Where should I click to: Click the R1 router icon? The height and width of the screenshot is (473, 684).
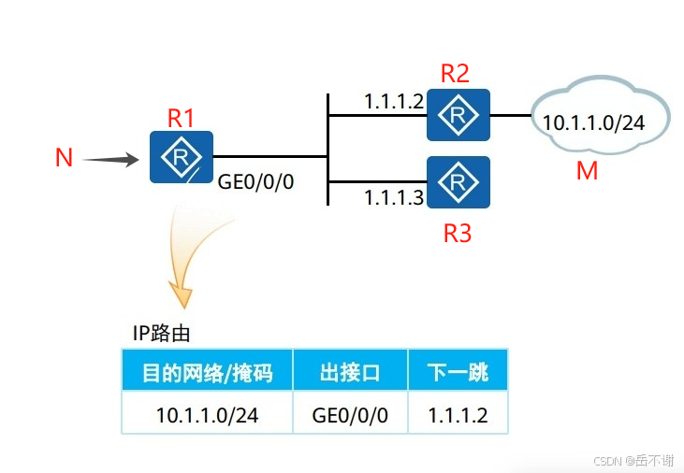click(x=181, y=157)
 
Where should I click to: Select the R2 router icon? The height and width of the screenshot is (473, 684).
click(x=458, y=115)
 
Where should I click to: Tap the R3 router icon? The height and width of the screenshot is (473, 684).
click(x=458, y=181)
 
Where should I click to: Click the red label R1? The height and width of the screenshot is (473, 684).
click(x=181, y=119)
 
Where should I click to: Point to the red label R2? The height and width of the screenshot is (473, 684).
click(x=455, y=74)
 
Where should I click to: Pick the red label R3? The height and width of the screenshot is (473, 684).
click(x=457, y=233)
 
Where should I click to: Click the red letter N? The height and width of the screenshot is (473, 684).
click(x=64, y=158)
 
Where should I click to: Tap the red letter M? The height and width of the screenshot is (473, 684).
click(x=587, y=171)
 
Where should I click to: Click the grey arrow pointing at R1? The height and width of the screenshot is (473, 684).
click(x=109, y=160)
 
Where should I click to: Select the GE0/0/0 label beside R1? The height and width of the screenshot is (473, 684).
click(x=255, y=181)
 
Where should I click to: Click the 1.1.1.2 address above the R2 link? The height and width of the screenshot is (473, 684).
click(x=394, y=100)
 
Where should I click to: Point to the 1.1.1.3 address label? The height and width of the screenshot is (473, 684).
click(x=394, y=196)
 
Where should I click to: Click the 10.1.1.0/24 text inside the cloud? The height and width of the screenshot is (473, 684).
click(x=593, y=122)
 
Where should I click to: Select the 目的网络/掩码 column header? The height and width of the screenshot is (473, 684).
click(x=207, y=372)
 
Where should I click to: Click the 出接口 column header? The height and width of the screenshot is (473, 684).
click(x=350, y=372)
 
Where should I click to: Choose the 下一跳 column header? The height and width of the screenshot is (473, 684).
click(x=458, y=372)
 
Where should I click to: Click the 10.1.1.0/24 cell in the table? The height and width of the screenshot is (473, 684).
click(x=207, y=414)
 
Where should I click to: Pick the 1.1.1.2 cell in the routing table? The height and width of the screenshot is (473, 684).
click(x=458, y=414)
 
